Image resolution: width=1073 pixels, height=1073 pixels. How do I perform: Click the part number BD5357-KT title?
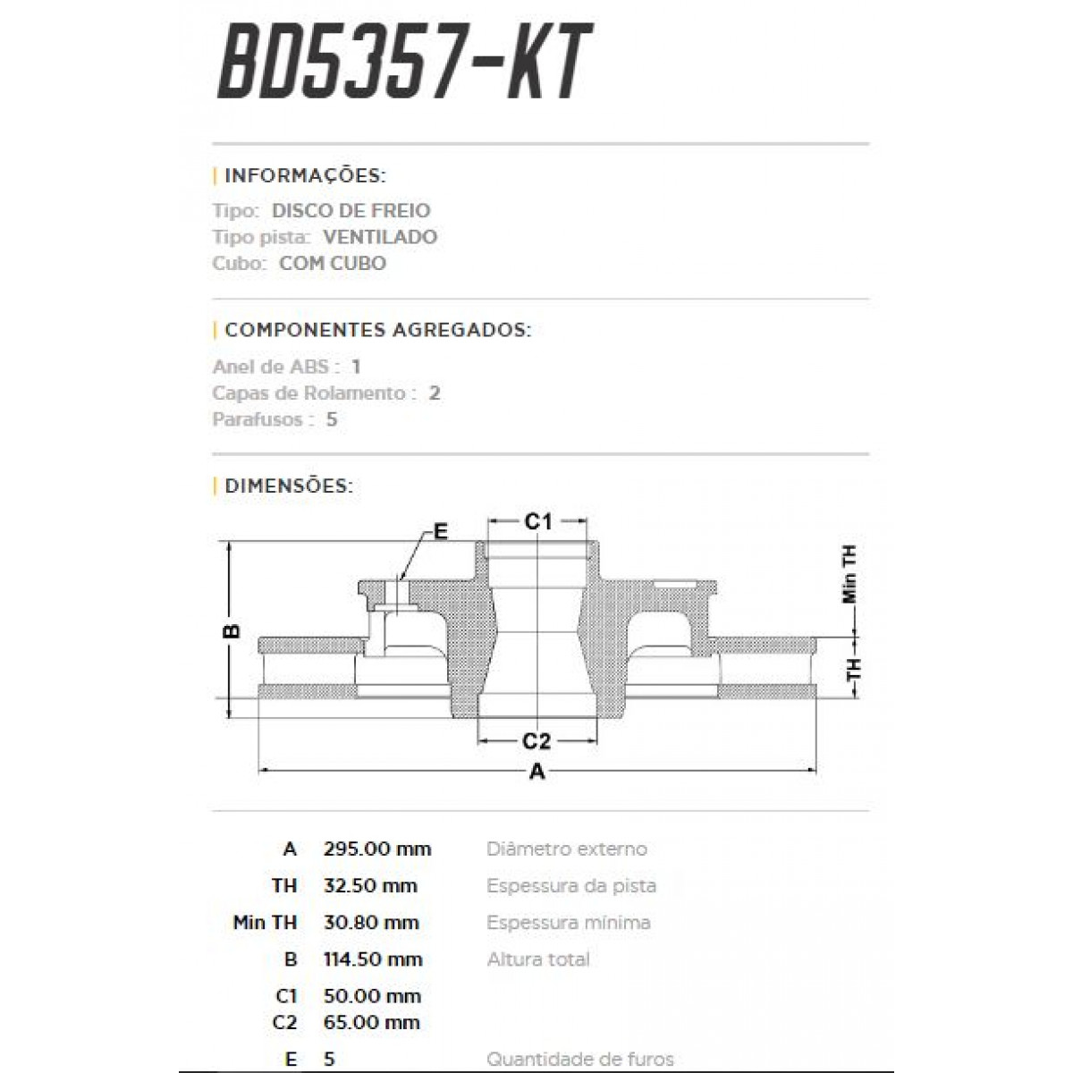point(404,63)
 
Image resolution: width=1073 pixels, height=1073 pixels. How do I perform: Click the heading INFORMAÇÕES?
point(305,174)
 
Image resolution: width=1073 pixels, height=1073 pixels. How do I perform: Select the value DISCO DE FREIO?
point(351,211)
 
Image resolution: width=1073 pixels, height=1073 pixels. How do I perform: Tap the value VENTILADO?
point(380,237)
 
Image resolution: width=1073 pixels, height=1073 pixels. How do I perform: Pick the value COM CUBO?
point(333,264)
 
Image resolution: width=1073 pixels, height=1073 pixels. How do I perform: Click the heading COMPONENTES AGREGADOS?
point(377,330)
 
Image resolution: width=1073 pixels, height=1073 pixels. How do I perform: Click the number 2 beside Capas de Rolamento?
point(435,393)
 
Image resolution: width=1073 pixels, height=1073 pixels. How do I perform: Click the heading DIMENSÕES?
point(289,486)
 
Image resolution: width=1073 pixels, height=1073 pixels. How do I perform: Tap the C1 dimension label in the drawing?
point(537,520)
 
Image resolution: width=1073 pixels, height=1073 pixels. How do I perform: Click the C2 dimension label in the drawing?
point(536,741)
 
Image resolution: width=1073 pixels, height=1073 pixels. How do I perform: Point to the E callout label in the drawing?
point(440,532)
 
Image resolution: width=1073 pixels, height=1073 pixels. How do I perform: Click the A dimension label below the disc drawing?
point(536,772)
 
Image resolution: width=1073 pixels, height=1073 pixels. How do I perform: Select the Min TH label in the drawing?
point(849,574)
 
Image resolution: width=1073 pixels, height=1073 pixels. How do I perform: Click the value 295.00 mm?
point(377,849)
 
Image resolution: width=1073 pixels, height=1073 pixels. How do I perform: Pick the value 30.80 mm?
point(371,923)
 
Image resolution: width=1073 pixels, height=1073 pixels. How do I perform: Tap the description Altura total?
point(538,959)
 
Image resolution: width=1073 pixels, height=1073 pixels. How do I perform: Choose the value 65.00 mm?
point(372,1022)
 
